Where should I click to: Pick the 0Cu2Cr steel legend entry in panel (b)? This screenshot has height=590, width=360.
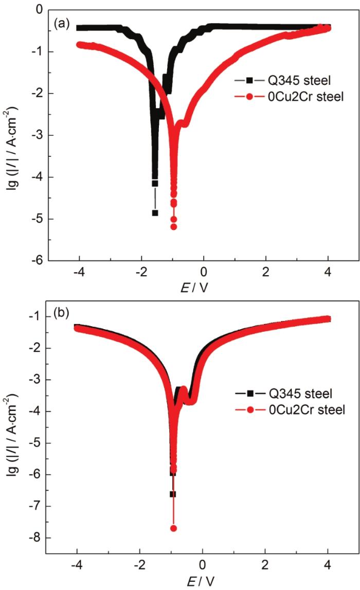coord(288,410)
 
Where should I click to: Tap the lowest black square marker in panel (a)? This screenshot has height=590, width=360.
coord(155,212)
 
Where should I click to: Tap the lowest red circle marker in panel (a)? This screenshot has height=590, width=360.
coord(174,227)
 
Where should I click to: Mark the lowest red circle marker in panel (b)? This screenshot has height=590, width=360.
coord(174,528)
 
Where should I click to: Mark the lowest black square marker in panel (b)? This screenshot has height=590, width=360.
coord(173,494)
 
